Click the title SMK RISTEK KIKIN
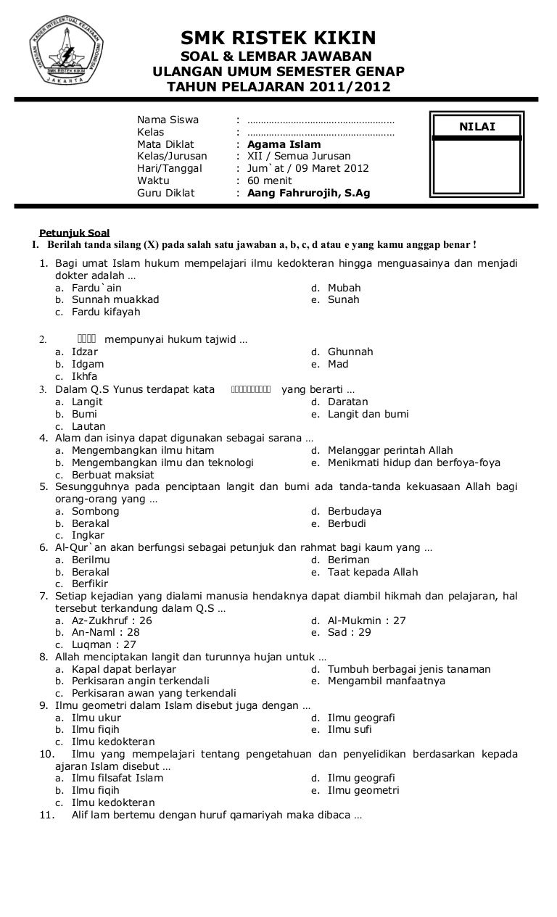point(278,38)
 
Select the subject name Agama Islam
point(284,144)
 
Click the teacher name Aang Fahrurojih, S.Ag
point(308,194)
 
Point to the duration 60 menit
point(270,181)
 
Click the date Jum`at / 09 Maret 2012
point(308,169)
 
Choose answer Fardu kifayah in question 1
point(106,312)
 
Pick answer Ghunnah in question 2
point(350,352)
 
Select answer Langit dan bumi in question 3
point(368,415)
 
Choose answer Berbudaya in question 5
point(355,512)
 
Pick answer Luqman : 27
point(104,645)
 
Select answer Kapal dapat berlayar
point(123,670)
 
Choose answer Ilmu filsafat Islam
point(117,779)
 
